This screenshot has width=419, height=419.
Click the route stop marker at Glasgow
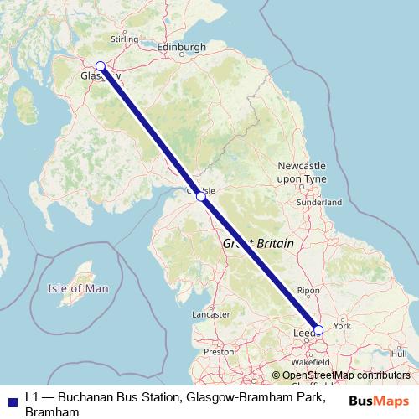click(x=101, y=66)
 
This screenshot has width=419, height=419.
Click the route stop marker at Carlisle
click(x=200, y=197)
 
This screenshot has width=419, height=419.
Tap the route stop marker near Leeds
click(x=318, y=329)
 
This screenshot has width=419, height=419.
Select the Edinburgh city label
click(x=181, y=47)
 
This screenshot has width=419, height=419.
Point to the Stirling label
click(x=125, y=39)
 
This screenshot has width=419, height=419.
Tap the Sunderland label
click(x=320, y=203)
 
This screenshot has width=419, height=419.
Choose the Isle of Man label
click(x=79, y=288)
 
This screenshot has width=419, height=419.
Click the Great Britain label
click(x=258, y=242)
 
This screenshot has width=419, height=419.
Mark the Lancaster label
click(x=210, y=314)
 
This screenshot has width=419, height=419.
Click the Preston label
click(x=218, y=352)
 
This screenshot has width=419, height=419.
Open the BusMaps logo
click(x=380, y=400)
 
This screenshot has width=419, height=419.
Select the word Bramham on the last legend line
click(x=52, y=412)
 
